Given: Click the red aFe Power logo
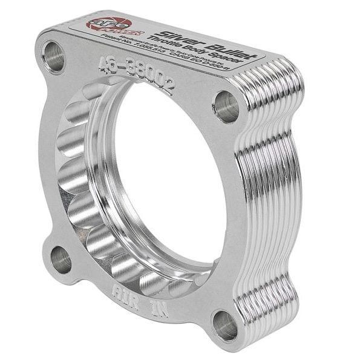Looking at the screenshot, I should point(105,24).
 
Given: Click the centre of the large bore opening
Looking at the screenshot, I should point(172,181).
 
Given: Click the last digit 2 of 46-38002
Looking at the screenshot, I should point(170,84).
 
